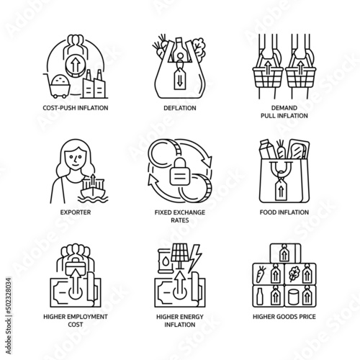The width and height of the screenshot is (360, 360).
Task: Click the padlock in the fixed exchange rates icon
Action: [x=180, y=171]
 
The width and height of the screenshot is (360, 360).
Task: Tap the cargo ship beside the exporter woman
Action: [x=93, y=189]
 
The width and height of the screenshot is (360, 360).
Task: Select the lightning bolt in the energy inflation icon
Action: [x=194, y=258]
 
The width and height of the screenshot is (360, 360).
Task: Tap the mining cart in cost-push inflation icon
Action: [x=58, y=86]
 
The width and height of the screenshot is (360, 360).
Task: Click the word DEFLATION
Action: [x=180, y=108]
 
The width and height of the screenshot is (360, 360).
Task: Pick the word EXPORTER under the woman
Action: [x=76, y=212]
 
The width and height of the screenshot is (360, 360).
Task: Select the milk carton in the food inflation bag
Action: [x=267, y=149]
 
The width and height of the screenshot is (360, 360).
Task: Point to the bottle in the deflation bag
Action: [x=179, y=49]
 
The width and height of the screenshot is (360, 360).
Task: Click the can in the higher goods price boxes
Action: [x=294, y=297]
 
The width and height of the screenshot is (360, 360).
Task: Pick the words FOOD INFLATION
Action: [x=284, y=212]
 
